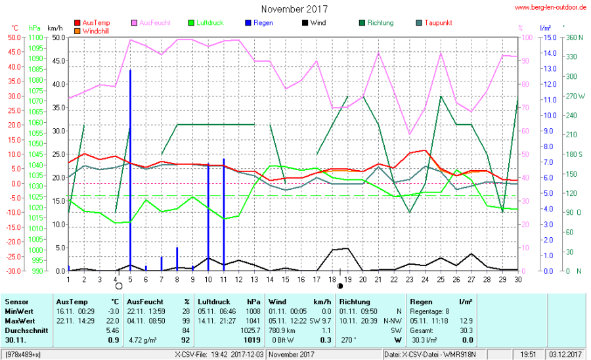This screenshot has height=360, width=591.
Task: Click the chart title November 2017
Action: click(294, 9)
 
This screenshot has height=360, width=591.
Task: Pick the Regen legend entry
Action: click(263, 23)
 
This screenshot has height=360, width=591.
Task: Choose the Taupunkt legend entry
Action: click(438, 23)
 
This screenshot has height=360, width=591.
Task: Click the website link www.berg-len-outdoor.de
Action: click(550, 8)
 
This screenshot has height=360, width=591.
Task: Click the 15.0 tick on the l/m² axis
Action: click(546, 37)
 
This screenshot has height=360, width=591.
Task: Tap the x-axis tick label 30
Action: click(518, 279)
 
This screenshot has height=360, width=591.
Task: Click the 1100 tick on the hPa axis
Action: click(37, 37)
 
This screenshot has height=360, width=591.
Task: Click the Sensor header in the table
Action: click(16, 302)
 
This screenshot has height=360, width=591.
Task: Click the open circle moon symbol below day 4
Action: click(119, 286)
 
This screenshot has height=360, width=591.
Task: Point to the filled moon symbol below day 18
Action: click(340, 286)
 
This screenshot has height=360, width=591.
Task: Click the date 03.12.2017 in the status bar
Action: click(566, 355)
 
